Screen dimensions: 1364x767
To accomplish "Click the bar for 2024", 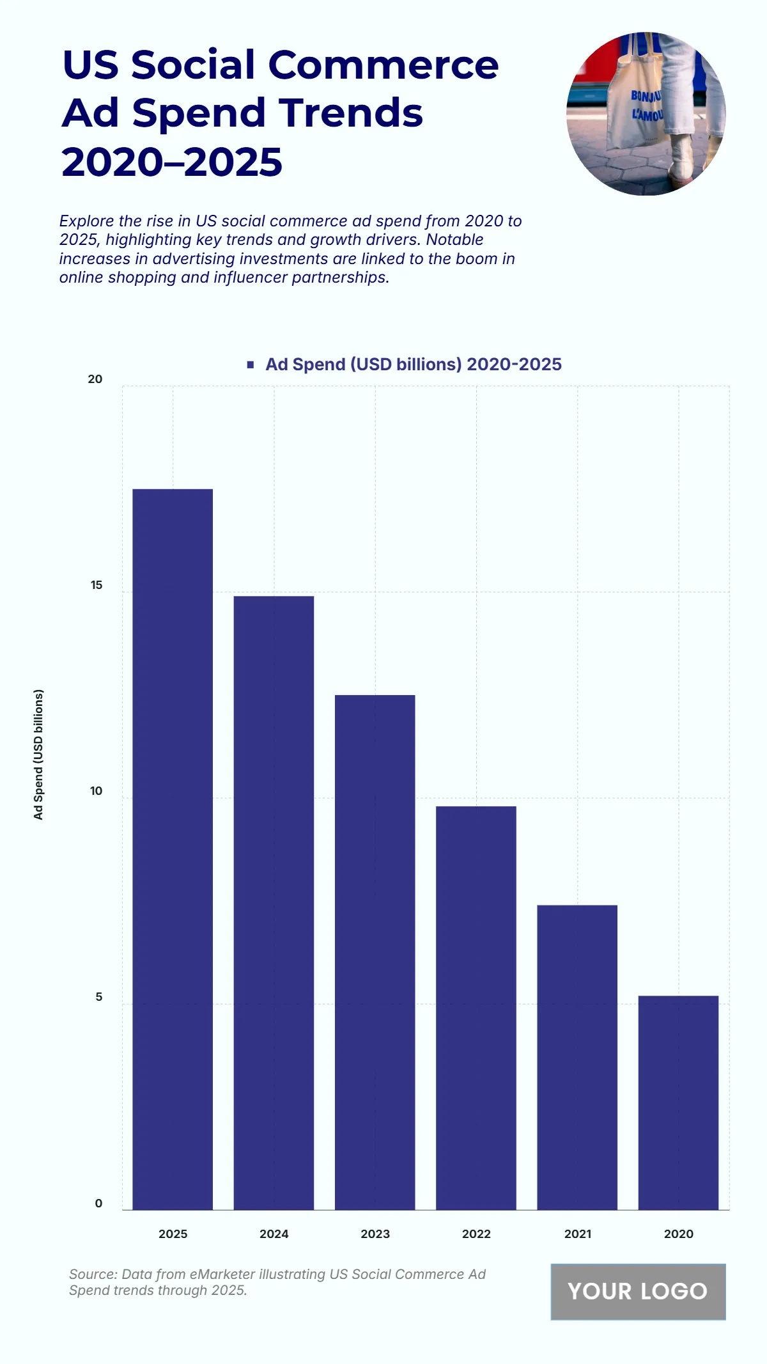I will coord(274,902).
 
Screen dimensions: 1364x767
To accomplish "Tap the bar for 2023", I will coord(375,952).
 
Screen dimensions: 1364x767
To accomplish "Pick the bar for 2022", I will coord(476,1008).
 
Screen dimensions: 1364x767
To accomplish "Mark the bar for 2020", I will coord(678,1102).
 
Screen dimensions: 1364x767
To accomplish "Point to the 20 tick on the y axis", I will coord(95,379).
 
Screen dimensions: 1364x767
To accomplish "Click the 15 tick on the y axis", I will coord(97,585).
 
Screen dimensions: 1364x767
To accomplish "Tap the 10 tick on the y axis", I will coord(96,791).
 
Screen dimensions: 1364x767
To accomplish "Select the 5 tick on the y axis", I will coord(98,997).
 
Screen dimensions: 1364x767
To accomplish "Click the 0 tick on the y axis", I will coord(98,1203).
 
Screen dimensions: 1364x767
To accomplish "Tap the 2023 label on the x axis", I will coord(375,1234).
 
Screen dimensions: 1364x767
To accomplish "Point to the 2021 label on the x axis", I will coord(577,1234).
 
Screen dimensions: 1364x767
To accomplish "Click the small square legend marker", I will coord(251,365).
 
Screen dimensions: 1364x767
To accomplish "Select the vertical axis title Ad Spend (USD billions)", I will coord(39,755).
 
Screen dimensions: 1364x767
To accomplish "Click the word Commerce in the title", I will coord(383,65).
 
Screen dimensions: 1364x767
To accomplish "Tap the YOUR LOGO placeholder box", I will coord(638,1291).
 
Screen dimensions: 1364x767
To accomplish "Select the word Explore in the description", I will coord(86,221).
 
